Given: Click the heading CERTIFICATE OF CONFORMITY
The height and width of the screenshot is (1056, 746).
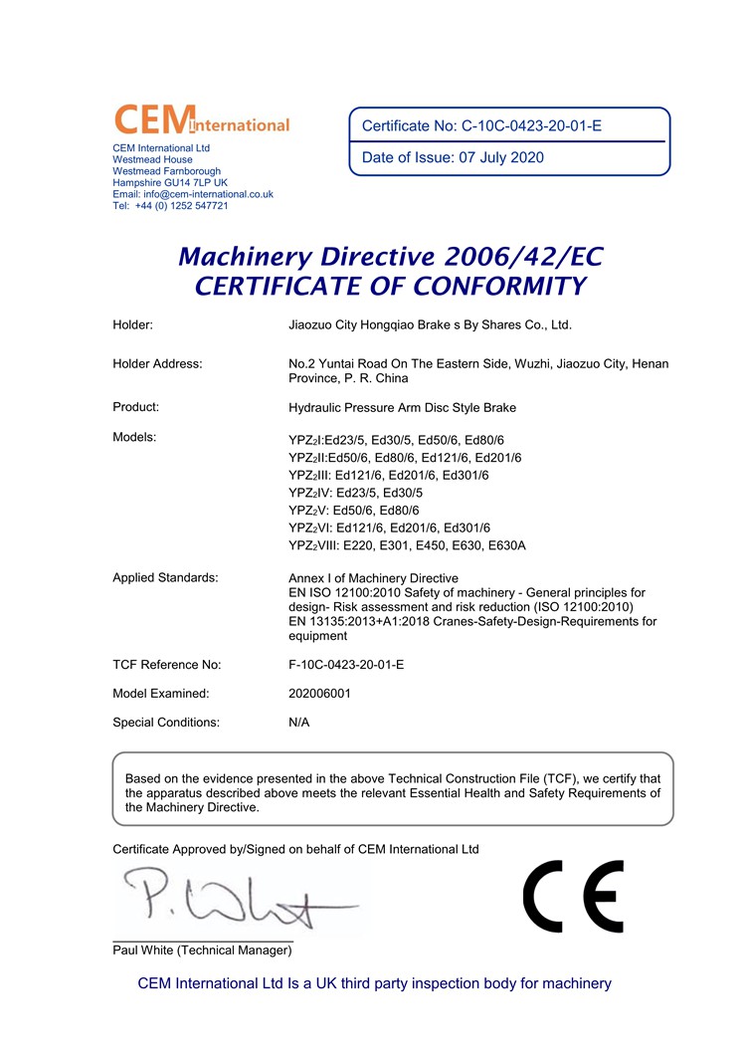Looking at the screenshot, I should (x=390, y=287).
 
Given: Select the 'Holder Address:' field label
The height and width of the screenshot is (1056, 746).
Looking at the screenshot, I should (x=157, y=364).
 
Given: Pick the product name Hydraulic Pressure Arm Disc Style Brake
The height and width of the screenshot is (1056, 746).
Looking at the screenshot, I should (x=402, y=407).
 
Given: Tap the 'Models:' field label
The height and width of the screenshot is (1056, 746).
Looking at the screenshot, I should (x=134, y=437).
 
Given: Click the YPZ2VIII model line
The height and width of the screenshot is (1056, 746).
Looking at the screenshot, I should (x=407, y=545).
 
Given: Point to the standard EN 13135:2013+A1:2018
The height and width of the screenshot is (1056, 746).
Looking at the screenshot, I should (x=370, y=622).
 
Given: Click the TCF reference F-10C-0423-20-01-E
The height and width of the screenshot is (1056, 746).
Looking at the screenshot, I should (x=345, y=665).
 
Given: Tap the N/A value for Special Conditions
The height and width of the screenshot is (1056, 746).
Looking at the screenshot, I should (x=298, y=723).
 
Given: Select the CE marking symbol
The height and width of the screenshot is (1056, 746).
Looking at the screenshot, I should (x=573, y=896).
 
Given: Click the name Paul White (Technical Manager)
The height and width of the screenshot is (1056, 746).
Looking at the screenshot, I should (x=202, y=950).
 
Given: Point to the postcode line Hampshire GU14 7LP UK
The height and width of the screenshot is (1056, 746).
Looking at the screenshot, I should (x=170, y=183).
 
